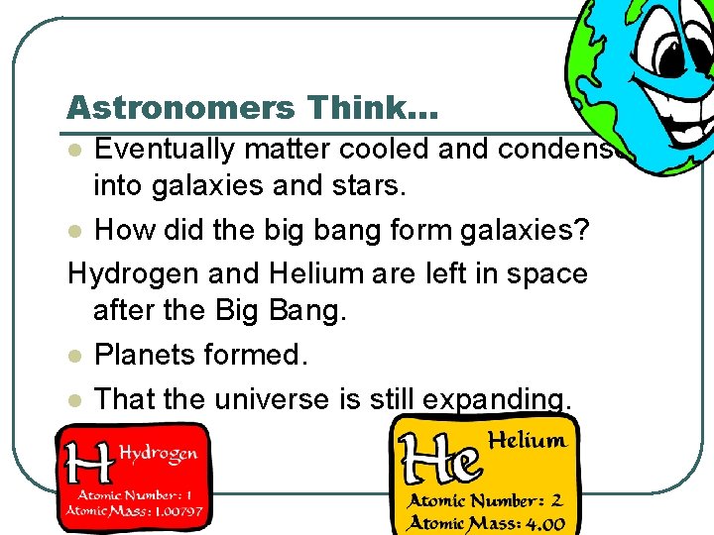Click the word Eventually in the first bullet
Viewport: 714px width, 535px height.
(x=165, y=150)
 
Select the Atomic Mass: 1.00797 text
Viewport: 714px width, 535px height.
(x=134, y=512)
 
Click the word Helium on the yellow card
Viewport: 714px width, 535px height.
(x=528, y=440)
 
